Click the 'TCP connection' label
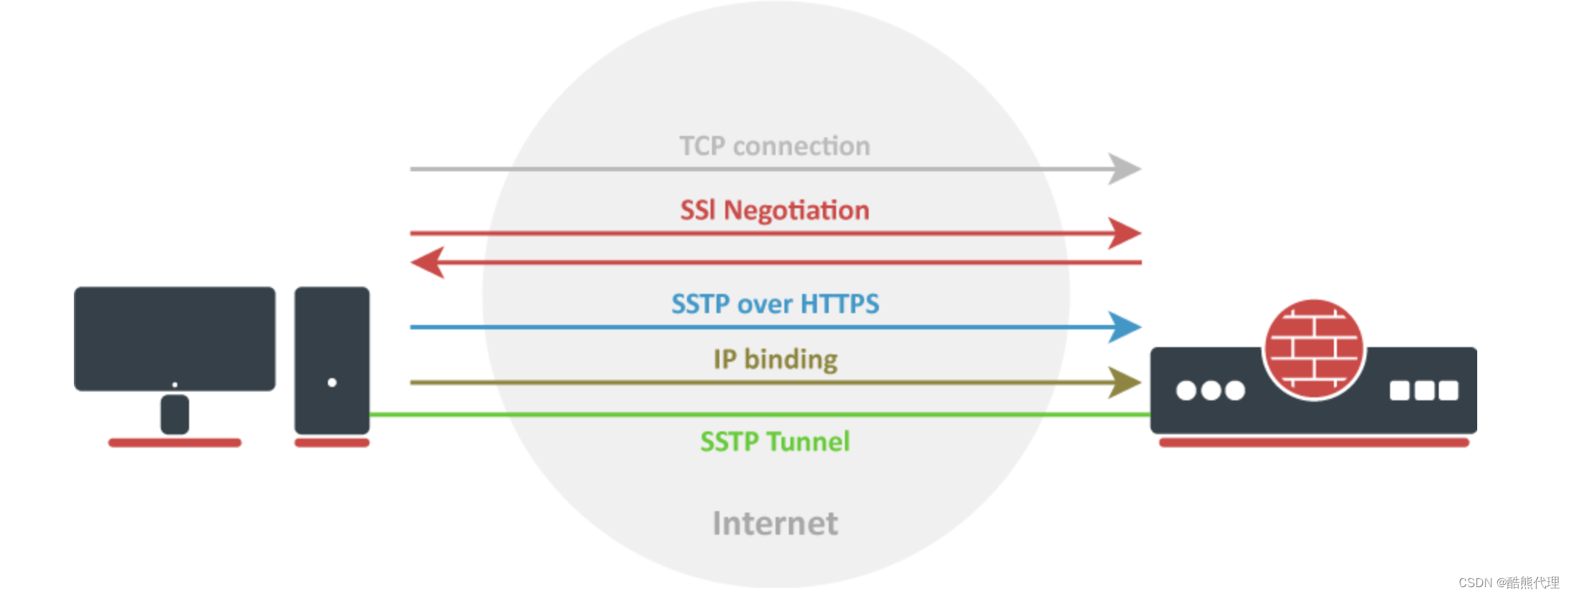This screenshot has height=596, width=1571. click(774, 146)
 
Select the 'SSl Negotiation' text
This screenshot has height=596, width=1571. click(774, 210)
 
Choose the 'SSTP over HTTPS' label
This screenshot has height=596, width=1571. click(775, 304)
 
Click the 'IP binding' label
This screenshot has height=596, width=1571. click(775, 360)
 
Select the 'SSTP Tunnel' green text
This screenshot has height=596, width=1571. click(775, 442)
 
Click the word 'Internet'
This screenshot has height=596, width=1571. click(775, 524)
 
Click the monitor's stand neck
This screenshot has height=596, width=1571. click(174, 414)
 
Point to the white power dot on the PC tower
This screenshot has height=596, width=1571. click(332, 383)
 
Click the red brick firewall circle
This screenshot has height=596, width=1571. click(1314, 349)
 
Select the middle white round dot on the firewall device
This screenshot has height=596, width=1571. click(1211, 391)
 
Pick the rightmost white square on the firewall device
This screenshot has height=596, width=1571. click(1448, 391)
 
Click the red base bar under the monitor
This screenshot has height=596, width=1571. click(174, 443)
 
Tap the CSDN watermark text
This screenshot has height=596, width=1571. click(1508, 583)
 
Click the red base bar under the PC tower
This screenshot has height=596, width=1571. click(332, 443)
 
